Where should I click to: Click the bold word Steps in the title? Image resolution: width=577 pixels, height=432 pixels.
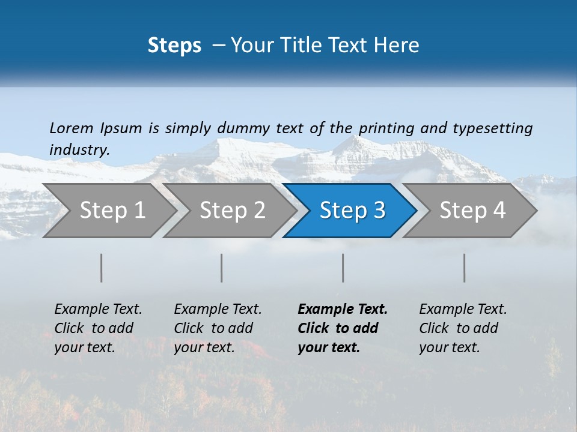[174, 45]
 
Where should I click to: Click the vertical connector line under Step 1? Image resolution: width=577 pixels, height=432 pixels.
[102, 268]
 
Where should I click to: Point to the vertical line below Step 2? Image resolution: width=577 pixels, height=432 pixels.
[222, 268]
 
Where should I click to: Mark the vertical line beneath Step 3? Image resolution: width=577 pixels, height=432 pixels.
[343, 268]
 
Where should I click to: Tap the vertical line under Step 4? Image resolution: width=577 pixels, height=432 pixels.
[465, 268]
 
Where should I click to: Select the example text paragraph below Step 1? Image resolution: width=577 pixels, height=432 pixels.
[98, 328]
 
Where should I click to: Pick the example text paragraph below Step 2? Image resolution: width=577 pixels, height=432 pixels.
[218, 328]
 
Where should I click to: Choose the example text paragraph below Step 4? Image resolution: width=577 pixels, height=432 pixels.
[463, 328]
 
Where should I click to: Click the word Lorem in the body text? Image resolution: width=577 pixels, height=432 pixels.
[72, 128]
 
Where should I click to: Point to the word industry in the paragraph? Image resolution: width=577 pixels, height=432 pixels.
[79, 149]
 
